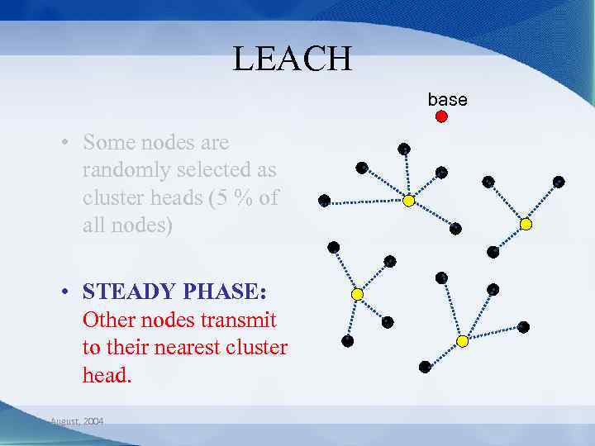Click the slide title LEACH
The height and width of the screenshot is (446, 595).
(293, 59)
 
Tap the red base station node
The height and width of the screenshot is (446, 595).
(441, 116)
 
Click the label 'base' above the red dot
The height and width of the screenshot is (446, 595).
(447, 99)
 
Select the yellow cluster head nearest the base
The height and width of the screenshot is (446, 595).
(408, 201)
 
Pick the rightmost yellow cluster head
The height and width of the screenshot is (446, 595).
(526, 224)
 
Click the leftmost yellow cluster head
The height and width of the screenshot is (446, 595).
(357, 294)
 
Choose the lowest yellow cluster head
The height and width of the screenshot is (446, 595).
(462, 340)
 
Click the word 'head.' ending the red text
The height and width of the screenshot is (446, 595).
(107, 375)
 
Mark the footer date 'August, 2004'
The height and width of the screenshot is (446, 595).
(77, 421)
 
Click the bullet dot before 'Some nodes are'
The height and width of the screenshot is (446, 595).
(64, 143)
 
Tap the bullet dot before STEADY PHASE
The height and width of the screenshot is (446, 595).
(64, 292)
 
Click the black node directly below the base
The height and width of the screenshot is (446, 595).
(441, 173)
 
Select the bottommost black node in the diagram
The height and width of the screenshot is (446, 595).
(425, 366)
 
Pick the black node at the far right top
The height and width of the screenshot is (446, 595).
(559, 182)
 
